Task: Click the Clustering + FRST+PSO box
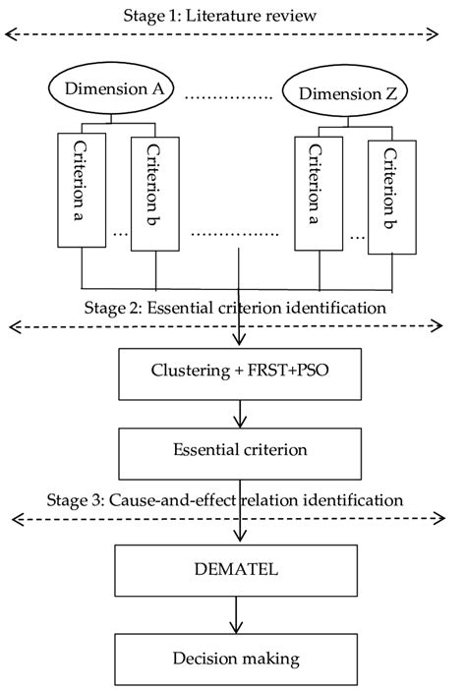coord(237,373)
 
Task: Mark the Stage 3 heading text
coord(224,500)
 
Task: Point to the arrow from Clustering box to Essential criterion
coord(237,413)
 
